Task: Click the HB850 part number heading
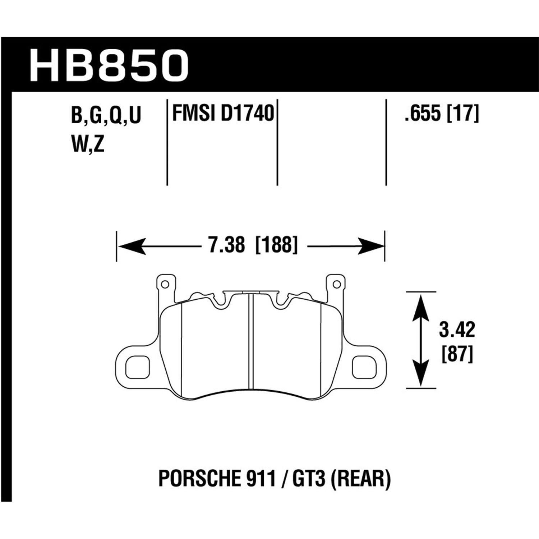click(109, 66)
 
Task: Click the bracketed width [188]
click(276, 247)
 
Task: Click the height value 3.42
click(457, 330)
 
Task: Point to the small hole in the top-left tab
click(165, 284)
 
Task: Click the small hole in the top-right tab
click(336, 284)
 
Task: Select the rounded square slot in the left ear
click(137, 367)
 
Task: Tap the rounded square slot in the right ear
click(364, 367)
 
